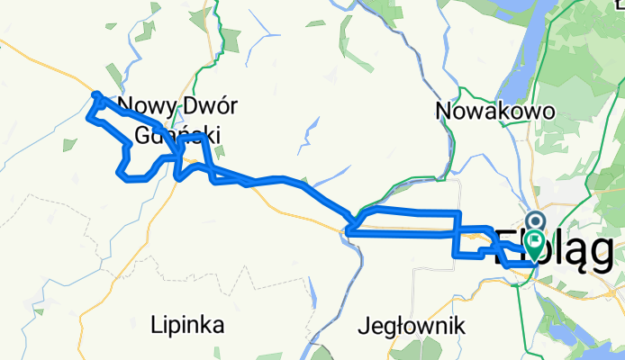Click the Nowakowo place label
pyautogui.click(x=495, y=111)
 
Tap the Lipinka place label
pyautogui.click(x=187, y=323)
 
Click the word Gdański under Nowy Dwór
pyautogui.click(x=177, y=135)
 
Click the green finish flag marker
pyautogui.click(x=536, y=240)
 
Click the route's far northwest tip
pyautogui.click(x=95, y=94)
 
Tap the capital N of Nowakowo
pyautogui.click(x=443, y=111)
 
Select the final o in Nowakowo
pyautogui.click(x=548, y=111)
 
